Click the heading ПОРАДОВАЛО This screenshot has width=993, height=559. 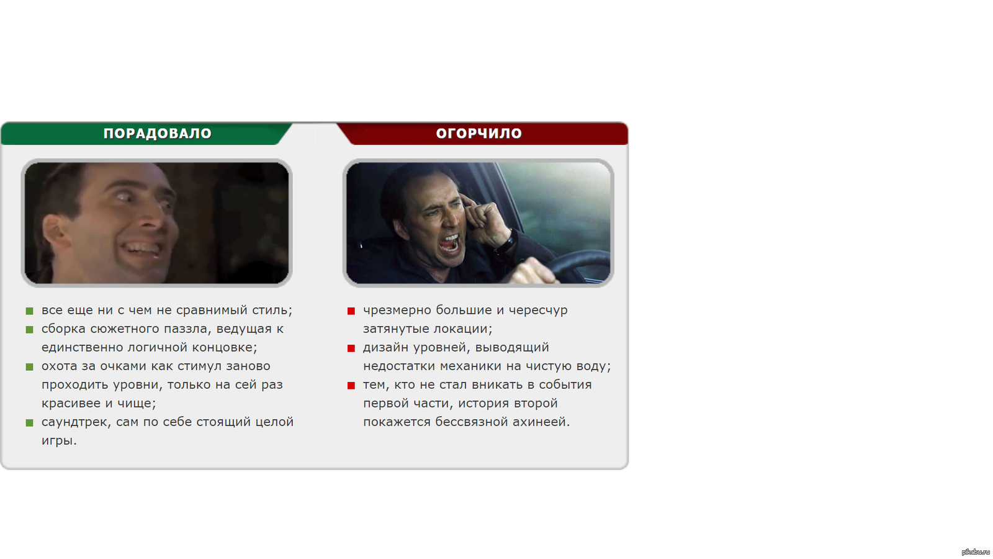point(158,133)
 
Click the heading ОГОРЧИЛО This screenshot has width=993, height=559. point(479,133)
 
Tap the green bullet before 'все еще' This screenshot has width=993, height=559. point(30,311)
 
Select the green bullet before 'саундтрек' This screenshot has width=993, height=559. point(30,423)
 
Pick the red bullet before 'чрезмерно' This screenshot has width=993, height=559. point(351,311)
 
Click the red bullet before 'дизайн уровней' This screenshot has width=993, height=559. point(351,348)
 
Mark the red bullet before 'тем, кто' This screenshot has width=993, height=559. point(351,386)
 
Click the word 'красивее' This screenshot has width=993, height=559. point(71,404)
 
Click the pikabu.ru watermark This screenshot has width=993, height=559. point(975,552)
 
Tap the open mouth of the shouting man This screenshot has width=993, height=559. point(449,243)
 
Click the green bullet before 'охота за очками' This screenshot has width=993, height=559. point(30,367)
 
